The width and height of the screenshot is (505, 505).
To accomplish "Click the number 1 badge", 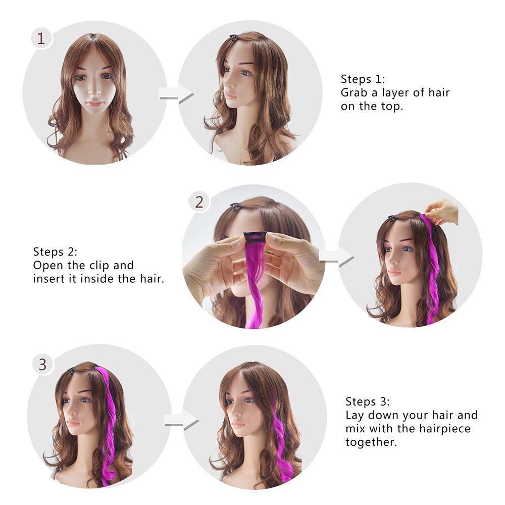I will (41, 39).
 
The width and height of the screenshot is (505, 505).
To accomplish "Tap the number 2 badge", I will (199, 203).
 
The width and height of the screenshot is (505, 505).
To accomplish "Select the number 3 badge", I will (43, 364).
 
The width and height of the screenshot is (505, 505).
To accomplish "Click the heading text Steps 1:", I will (363, 79).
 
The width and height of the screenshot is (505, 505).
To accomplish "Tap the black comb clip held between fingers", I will (256, 236).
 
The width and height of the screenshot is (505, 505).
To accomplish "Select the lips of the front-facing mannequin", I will (95, 104).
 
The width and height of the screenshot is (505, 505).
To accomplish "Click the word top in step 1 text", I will (393, 106).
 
